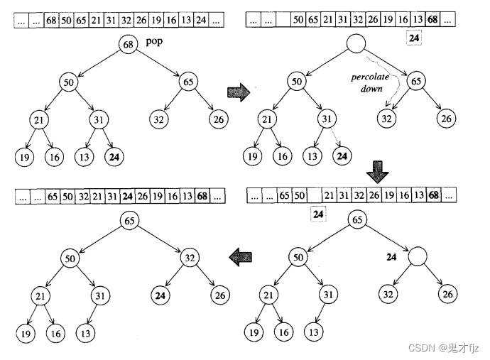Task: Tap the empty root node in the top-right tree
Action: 354,46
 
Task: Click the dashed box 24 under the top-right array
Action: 414,38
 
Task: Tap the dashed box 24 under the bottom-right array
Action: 319,212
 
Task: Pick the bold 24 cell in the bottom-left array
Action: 128,195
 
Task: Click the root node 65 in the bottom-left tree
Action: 129,220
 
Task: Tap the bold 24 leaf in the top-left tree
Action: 113,156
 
